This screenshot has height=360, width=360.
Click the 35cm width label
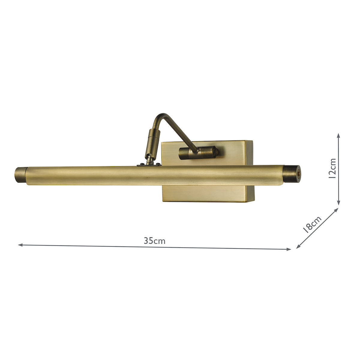tap(154, 241)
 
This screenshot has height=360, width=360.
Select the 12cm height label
tap(332, 169)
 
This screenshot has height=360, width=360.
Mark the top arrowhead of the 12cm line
tap(338, 135)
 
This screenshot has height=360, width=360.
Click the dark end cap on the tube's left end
tap(20, 175)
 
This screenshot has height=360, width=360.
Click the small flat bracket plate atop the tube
tap(149, 164)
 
